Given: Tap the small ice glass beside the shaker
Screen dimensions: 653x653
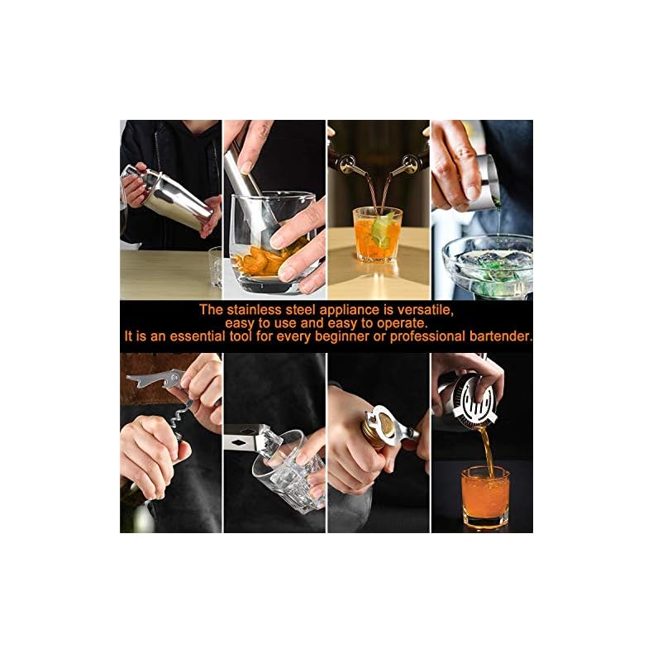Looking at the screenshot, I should click(x=215, y=266).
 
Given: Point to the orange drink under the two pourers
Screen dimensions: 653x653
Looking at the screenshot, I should click(x=376, y=234).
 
